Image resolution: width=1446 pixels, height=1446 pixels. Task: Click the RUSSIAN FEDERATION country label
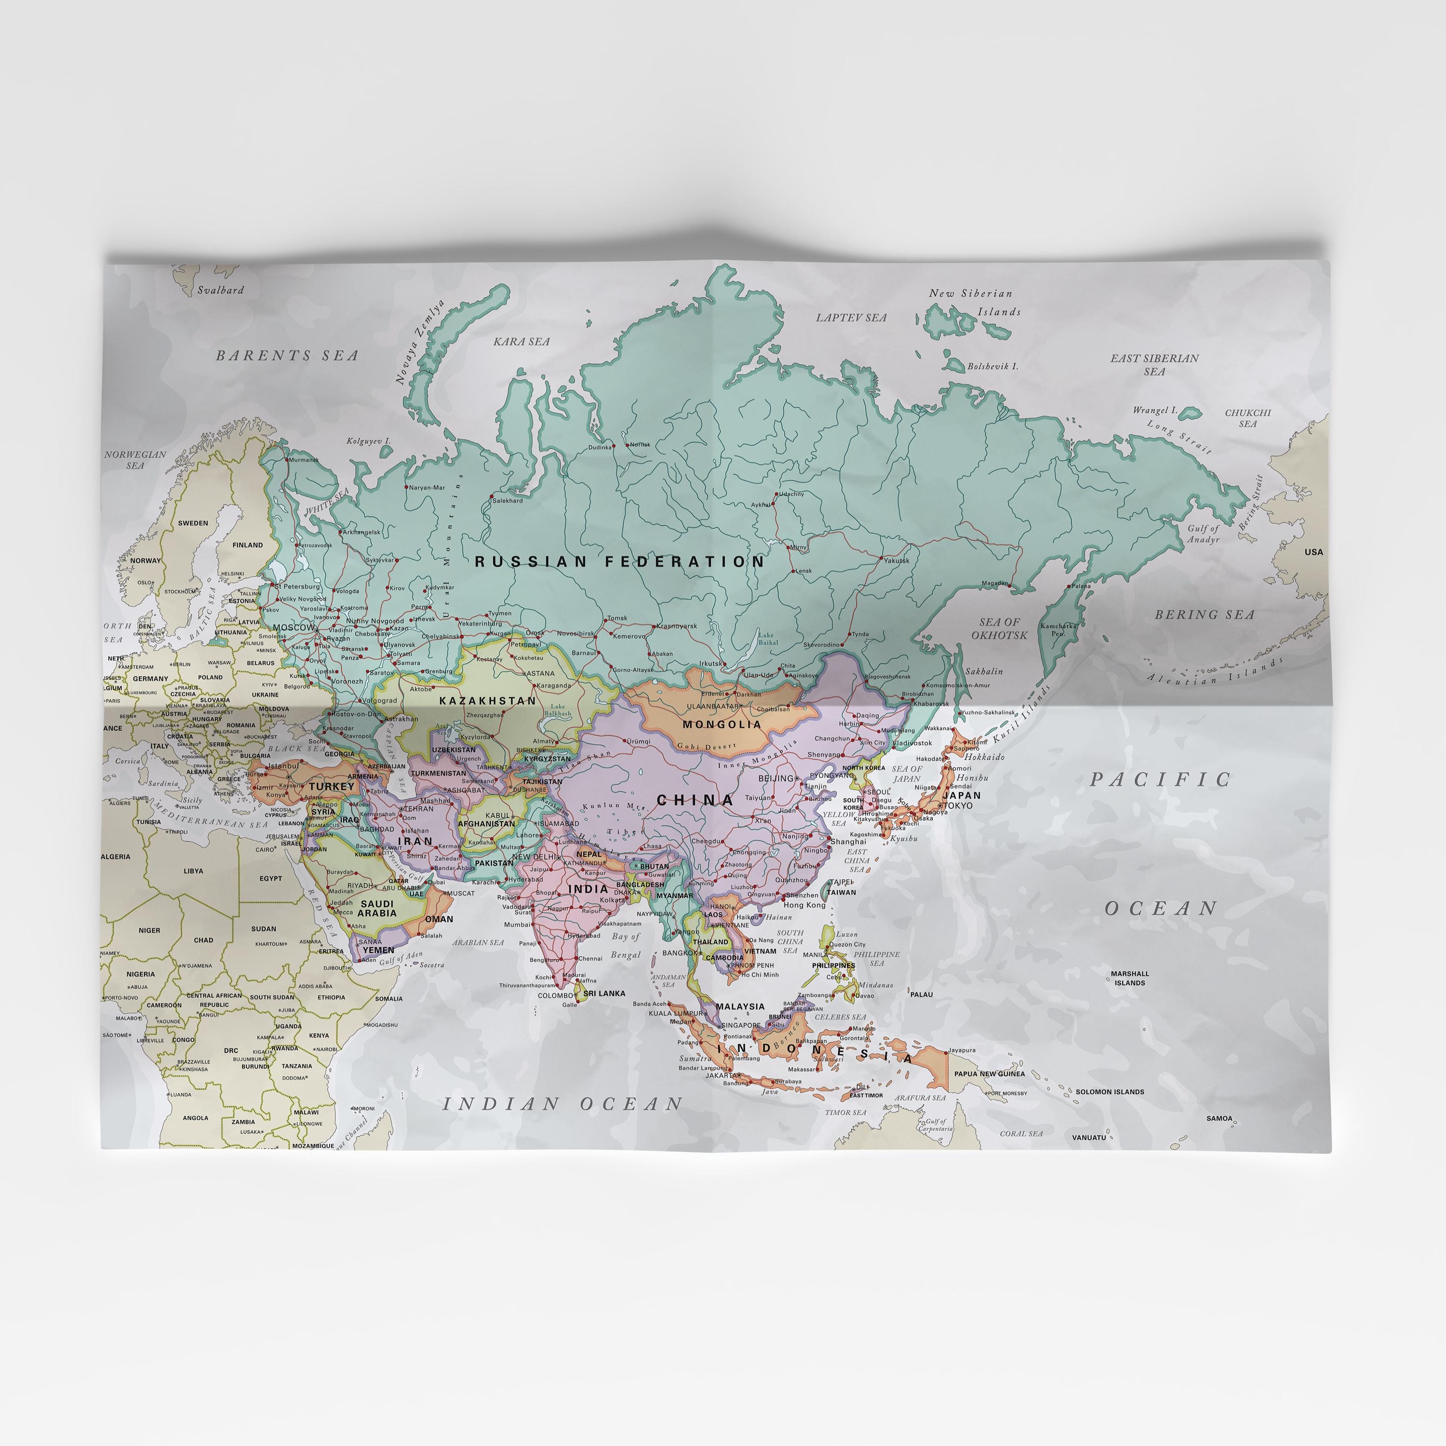[620, 562]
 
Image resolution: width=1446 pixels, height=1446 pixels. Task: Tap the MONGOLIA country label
[722, 724]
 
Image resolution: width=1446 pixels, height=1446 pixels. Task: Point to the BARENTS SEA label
[287, 356]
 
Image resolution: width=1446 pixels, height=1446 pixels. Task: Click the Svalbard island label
[220, 290]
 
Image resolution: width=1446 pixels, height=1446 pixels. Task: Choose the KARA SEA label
[522, 341]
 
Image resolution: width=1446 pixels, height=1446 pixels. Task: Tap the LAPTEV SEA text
[851, 317]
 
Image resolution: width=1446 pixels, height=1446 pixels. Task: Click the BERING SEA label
[1204, 615]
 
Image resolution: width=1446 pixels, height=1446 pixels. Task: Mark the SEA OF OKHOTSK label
[999, 629]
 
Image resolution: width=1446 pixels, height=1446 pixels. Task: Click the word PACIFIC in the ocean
[1160, 779]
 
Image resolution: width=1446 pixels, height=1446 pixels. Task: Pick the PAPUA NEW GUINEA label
[990, 1074]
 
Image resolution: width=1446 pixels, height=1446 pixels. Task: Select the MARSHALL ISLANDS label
[1129, 978]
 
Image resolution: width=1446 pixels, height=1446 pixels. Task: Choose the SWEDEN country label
[193, 523]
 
